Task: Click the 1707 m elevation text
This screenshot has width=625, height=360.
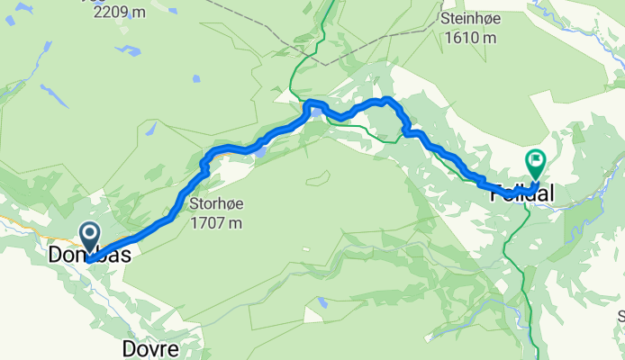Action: pyautogui.click(x=216, y=221)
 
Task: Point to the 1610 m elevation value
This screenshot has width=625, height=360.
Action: pyautogui.click(x=469, y=38)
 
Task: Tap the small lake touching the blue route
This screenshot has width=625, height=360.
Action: pyautogui.click(x=259, y=152)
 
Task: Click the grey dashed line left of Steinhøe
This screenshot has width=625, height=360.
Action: pyautogui.click(x=270, y=36)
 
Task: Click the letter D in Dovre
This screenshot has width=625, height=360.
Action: pyautogui.click(x=127, y=348)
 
